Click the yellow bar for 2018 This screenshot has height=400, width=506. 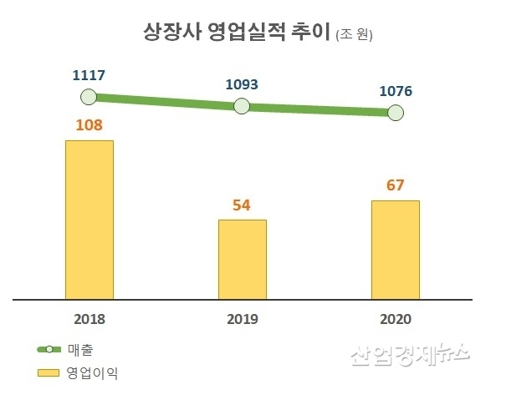point(89,219)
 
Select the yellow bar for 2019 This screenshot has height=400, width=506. point(243,259)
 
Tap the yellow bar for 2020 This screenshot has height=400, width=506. point(395,249)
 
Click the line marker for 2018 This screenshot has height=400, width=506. point(89,97)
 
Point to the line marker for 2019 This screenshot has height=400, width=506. point(242,106)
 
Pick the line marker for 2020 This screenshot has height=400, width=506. point(395,113)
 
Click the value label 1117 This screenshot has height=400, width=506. point(89,76)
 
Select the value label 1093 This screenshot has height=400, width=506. point(242,84)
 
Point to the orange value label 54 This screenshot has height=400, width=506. point(243,205)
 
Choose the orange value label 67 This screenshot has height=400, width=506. point(395,185)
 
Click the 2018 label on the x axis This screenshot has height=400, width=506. point(89,319)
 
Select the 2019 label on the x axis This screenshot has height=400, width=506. point(243,319)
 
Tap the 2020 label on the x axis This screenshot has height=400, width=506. point(395,319)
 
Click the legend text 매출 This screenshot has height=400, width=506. point(80,348)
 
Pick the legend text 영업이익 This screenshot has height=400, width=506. point(92,372)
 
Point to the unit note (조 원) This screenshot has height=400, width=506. point(354,35)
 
